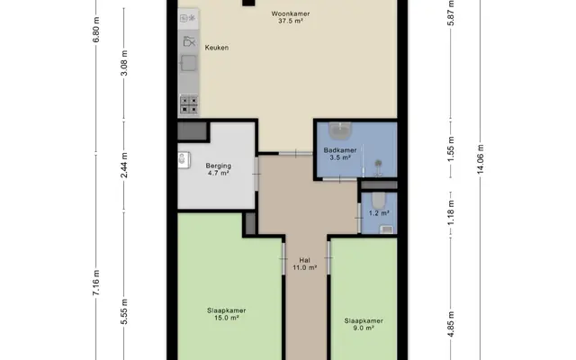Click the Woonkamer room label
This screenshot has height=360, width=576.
point(290,17)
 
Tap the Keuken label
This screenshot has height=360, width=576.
point(217,48)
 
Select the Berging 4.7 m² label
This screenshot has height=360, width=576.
point(218,169)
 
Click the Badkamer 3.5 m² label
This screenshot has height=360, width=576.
point(340,154)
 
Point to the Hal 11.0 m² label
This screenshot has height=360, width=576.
point(304,264)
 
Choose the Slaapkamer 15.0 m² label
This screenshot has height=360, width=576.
point(226,314)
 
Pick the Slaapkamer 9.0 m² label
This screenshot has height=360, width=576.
point(364,324)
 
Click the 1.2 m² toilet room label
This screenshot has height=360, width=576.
point(379,213)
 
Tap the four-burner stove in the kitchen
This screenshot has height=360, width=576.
point(189,104)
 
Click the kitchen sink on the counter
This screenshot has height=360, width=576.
point(189,63)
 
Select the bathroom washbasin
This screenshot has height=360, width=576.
point(340,130)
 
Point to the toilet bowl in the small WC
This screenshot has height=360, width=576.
point(379,200)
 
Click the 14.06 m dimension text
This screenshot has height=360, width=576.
point(481,159)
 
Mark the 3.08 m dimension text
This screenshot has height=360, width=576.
point(124,63)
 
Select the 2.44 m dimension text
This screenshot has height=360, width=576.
point(124,165)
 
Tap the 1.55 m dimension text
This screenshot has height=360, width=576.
point(452,148)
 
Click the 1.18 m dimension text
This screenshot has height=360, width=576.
point(452,213)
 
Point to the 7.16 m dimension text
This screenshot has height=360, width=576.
point(95,282)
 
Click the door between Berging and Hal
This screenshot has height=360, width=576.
point(256,174)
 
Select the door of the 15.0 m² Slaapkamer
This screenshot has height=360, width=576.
point(283,258)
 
